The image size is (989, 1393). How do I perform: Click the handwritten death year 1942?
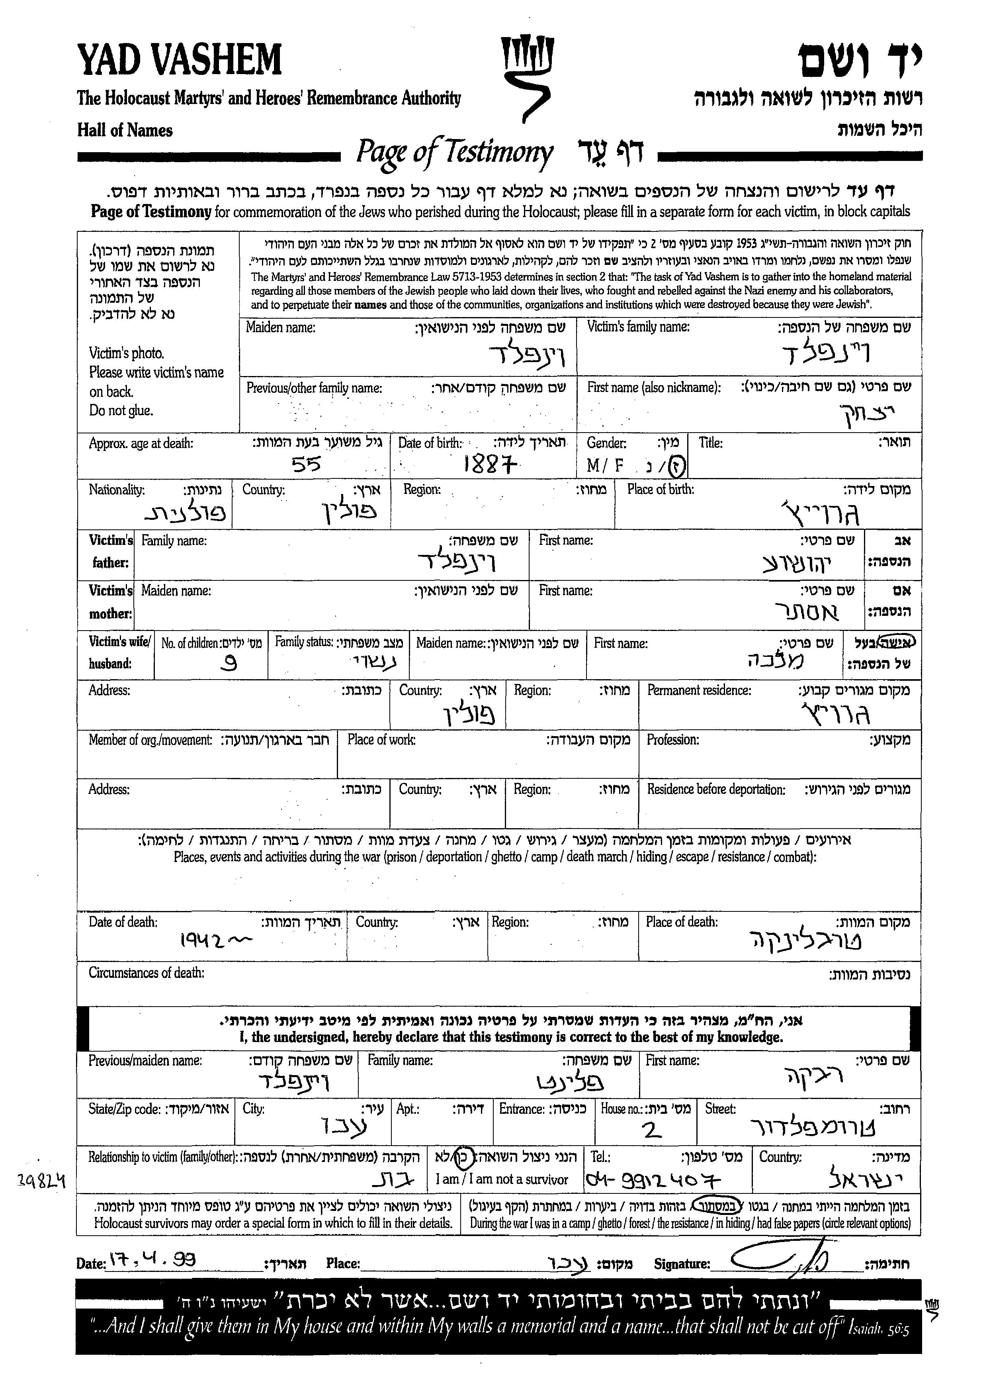pos(214,941)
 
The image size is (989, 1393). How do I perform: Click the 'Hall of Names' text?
pos(125,130)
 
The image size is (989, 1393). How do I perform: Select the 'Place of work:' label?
pos(381,740)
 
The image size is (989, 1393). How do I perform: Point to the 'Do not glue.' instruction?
pos(121,411)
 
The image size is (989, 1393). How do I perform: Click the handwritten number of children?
pos(230,663)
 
